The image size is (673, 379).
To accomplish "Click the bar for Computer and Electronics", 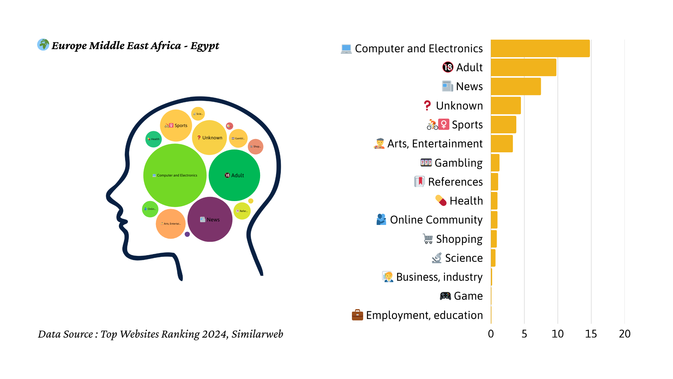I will tap(540, 48).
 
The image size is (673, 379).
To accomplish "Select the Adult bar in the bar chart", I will tap(523, 67).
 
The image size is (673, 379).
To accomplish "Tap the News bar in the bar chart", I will tap(516, 86).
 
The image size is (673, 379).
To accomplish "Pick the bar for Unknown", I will tap(505, 106).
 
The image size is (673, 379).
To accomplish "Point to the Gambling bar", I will tap(495, 163).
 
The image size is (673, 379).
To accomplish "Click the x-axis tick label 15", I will tap(591, 334).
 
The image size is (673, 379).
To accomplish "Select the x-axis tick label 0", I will tap(491, 334).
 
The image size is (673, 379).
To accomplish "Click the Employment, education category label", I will tap(424, 315).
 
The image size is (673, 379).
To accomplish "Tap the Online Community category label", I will tap(436, 220).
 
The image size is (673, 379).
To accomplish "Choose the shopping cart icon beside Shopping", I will tap(428, 239).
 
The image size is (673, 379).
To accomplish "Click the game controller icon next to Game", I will tap(445, 296).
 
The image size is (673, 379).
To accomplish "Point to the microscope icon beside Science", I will tap(437, 258).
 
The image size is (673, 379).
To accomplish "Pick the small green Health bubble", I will tap(153, 139).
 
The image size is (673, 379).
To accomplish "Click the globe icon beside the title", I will tap(43, 45).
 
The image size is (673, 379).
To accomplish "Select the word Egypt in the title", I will tap(205, 46).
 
